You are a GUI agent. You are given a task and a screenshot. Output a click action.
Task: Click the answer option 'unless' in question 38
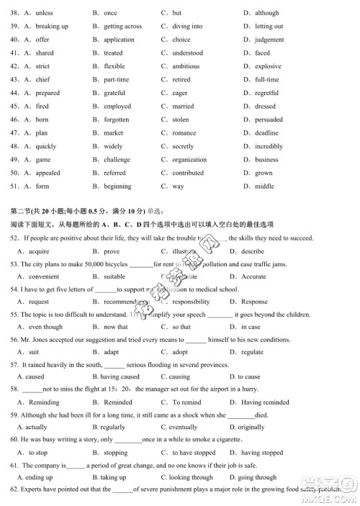[x=43, y=13]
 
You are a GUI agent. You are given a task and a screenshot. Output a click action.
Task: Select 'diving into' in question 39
[x=187, y=27]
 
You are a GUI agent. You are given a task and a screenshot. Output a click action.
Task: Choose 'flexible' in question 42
[x=114, y=66]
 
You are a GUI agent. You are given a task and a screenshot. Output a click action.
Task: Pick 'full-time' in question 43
[x=266, y=80]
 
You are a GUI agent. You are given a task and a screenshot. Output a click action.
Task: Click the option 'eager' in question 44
[x=180, y=93]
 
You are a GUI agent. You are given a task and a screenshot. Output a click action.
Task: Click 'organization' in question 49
[x=189, y=160]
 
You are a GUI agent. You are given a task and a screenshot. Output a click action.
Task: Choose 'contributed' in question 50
[x=188, y=173]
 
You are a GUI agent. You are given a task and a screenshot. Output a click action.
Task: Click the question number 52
[x=14, y=238]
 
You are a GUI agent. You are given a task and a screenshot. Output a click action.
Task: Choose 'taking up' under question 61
[x=113, y=477]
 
